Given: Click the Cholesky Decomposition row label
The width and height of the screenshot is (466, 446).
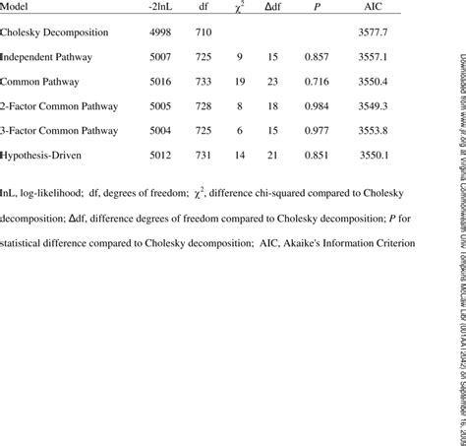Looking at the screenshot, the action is (x=54, y=33).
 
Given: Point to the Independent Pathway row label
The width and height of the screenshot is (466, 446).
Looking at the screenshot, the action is (x=46, y=57).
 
